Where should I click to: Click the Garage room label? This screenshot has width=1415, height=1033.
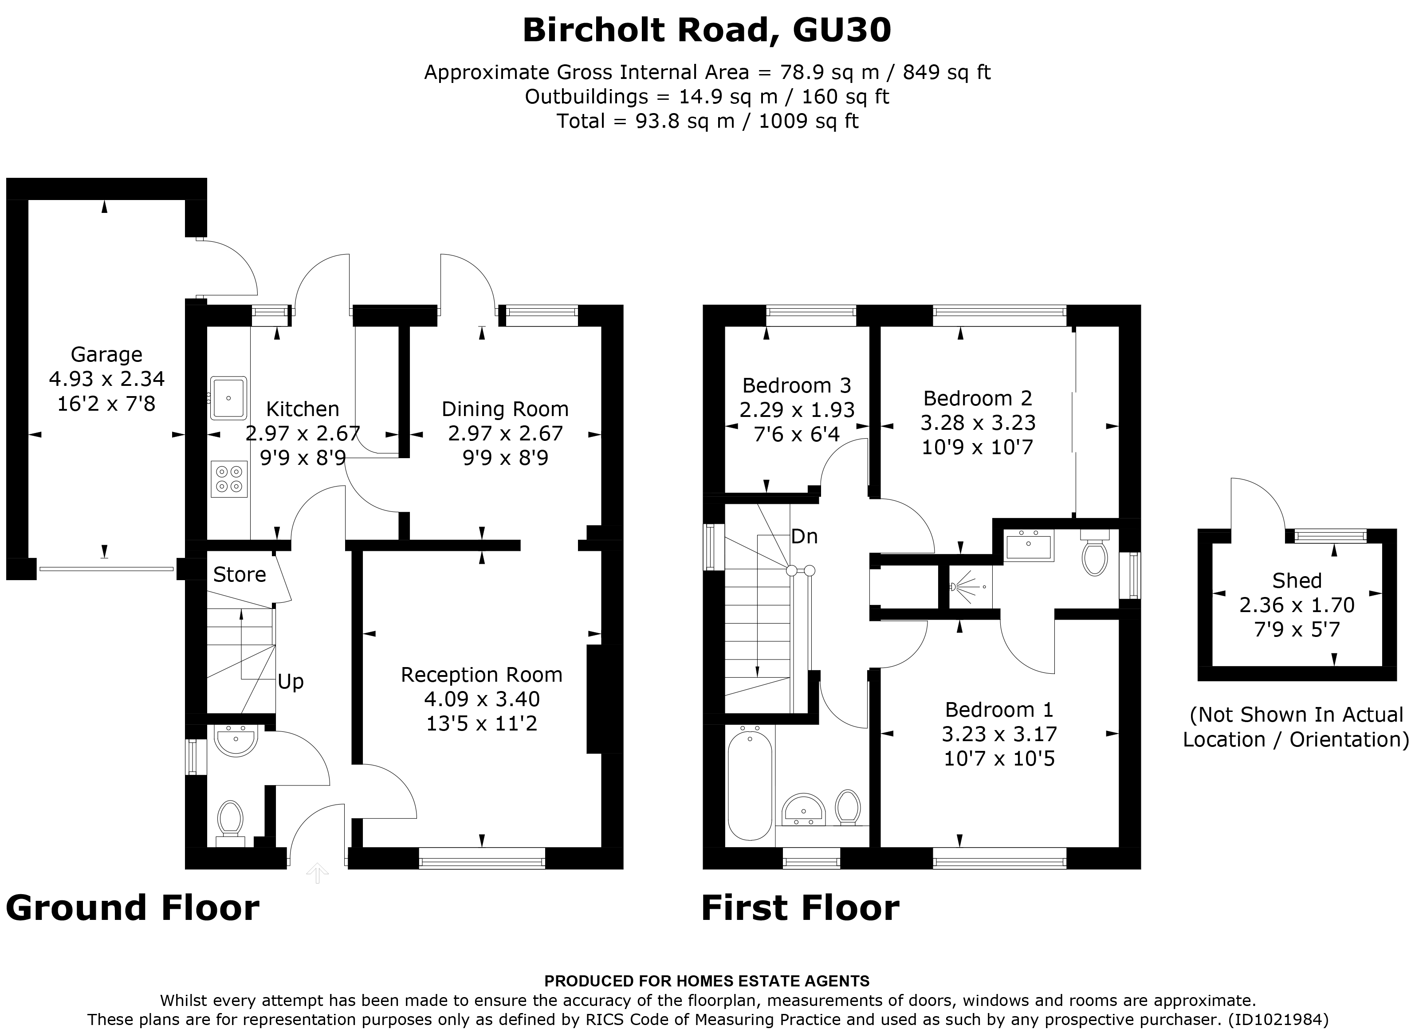[x=106, y=354]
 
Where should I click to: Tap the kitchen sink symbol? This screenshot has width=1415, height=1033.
[x=229, y=398]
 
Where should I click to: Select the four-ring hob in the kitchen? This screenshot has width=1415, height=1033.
[x=229, y=479]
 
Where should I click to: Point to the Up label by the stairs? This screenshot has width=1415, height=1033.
[x=291, y=682]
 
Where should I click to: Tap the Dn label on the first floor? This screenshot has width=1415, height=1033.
[x=804, y=537]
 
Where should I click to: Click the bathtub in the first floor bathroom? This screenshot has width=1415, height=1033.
[x=750, y=786]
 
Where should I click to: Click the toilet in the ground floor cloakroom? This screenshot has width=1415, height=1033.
[x=230, y=818]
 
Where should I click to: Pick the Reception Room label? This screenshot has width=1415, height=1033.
[x=481, y=675]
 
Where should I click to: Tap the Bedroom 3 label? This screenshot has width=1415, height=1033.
[x=797, y=385]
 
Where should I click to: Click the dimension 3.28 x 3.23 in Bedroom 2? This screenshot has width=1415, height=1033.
[x=978, y=423]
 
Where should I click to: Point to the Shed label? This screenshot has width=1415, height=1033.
[x=1297, y=581]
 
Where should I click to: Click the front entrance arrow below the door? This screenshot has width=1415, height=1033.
[x=318, y=872]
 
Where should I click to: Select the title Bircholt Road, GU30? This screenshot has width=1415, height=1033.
[x=707, y=30]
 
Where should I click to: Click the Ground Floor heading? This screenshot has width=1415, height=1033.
[x=133, y=908]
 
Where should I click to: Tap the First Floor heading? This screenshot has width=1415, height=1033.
[x=800, y=908]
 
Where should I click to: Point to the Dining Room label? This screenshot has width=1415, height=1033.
[x=505, y=409]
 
